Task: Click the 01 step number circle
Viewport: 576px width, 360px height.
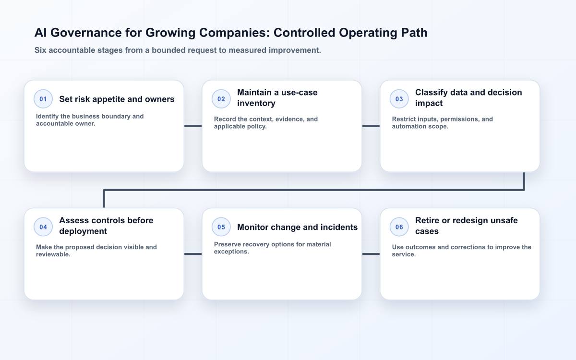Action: [43, 99]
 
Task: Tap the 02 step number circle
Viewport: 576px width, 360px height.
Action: [221, 99]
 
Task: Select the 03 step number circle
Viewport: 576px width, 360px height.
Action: [399, 99]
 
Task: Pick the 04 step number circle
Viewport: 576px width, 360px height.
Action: [43, 227]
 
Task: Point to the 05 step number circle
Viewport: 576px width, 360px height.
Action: [221, 227]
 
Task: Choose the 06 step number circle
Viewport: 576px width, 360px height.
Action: [399, 227]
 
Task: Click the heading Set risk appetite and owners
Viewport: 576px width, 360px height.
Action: [117, 99]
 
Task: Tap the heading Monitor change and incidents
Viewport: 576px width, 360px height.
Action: [297, 227]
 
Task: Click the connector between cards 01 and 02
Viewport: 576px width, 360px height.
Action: [193, 126]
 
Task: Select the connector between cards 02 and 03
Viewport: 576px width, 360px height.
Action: [371, 126]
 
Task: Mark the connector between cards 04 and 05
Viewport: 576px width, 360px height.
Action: [193, 254]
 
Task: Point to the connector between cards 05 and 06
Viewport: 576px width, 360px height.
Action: [371, 254]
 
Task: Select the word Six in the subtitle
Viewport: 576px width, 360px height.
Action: [40, 50]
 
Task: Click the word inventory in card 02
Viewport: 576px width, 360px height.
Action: [256, 103]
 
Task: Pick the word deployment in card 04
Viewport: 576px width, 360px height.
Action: [83, 231]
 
